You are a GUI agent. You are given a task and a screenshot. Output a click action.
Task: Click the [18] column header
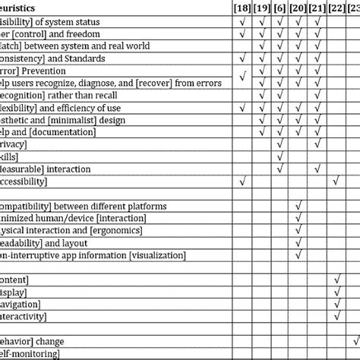pyautogui.click(x=242, y=8)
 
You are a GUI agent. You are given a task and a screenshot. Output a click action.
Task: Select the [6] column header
pyautogui.click(x=280, y=8)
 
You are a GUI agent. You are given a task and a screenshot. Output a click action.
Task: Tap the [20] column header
pyautogui.click(x=299, y=8)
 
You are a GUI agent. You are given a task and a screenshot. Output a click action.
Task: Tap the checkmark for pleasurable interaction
pyautogui.click(x=280, y=169)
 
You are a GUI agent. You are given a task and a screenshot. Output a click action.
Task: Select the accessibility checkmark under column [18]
pyautogui.click(x=242, y=182)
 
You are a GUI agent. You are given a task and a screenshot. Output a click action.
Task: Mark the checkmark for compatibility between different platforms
pyautogui.click(x=299, y=206)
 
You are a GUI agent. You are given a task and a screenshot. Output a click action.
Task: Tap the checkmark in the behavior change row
pyautogui.click(x=354, y=340)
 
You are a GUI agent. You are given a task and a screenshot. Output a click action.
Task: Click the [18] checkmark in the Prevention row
pyautogui.click(x=242, y=74)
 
